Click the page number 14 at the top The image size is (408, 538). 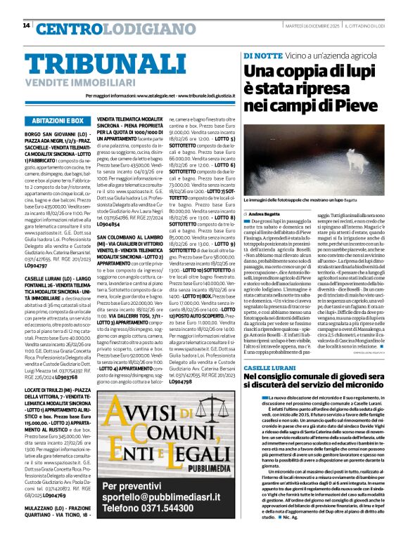(x=26, y=25)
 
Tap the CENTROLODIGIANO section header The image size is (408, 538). (x=103, y=29)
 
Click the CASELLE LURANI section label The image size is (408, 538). (x=268, y=367)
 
